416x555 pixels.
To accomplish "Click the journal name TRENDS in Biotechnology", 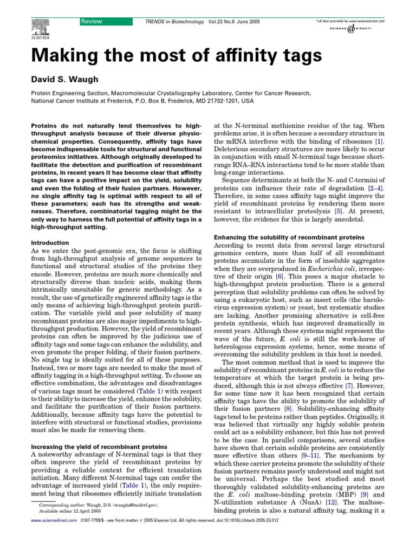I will pos(173,22).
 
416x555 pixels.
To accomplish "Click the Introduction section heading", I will pos(50,243).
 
